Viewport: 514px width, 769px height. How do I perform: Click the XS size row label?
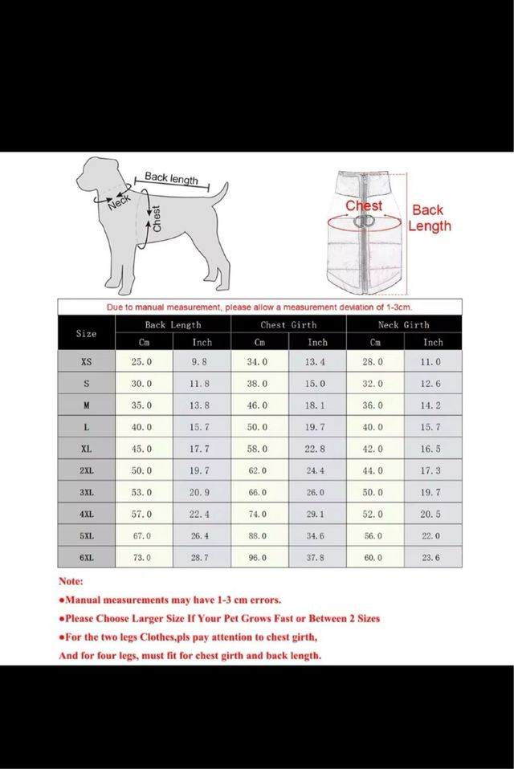86,362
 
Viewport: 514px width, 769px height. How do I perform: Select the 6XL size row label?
86,557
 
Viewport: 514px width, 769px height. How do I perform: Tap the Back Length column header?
173,325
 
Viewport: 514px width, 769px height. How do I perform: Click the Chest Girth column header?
288,325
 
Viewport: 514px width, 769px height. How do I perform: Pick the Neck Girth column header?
403,325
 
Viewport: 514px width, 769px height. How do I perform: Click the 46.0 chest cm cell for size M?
259,405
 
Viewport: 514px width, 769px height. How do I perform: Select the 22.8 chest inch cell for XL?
317,449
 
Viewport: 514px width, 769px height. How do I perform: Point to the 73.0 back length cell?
144,557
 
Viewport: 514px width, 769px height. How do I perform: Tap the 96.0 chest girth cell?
259,557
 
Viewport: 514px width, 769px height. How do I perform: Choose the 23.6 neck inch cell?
432,557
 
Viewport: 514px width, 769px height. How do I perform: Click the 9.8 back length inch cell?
202,362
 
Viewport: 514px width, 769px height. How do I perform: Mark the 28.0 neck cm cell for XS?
374,362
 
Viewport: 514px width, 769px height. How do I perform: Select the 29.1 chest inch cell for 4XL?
317,514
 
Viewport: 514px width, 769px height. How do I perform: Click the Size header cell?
86,333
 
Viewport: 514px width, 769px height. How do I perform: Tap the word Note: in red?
71,581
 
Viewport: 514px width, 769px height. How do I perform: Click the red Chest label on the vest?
364,205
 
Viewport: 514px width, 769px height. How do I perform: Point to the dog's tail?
214,193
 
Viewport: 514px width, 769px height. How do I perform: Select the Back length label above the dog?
171,178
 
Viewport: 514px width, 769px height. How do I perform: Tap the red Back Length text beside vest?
429,218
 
